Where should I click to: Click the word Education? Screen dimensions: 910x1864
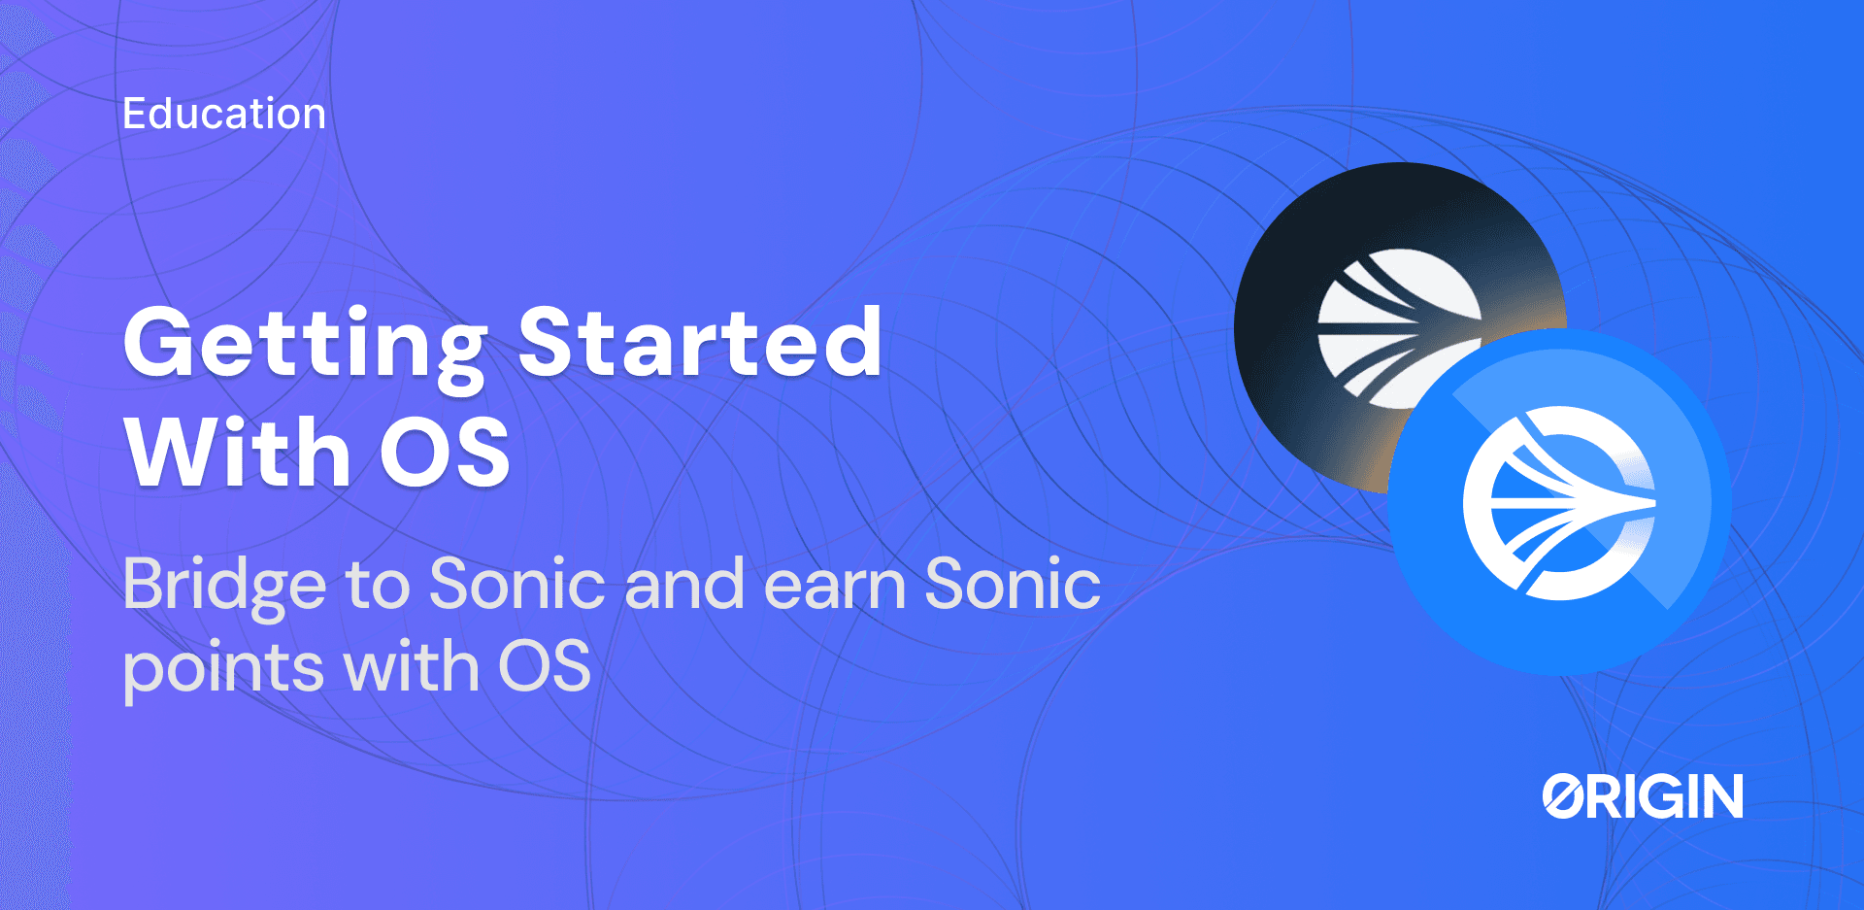point(223,114)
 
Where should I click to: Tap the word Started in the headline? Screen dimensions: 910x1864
point(699,341)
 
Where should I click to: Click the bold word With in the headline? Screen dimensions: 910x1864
point(237,452)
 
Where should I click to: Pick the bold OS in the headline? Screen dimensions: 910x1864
point(445,453)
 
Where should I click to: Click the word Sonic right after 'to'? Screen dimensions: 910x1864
point(517,584)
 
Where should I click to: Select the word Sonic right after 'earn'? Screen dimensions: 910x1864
point(1013,584)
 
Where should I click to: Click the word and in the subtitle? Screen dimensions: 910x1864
point(684,584)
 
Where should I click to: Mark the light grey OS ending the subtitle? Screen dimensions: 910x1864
point(544,667)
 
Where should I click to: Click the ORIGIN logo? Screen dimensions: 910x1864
point(1643,796)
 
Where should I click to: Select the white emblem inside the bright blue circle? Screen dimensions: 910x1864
point(1558,502)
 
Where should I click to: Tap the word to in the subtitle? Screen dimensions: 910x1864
point(378,586)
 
